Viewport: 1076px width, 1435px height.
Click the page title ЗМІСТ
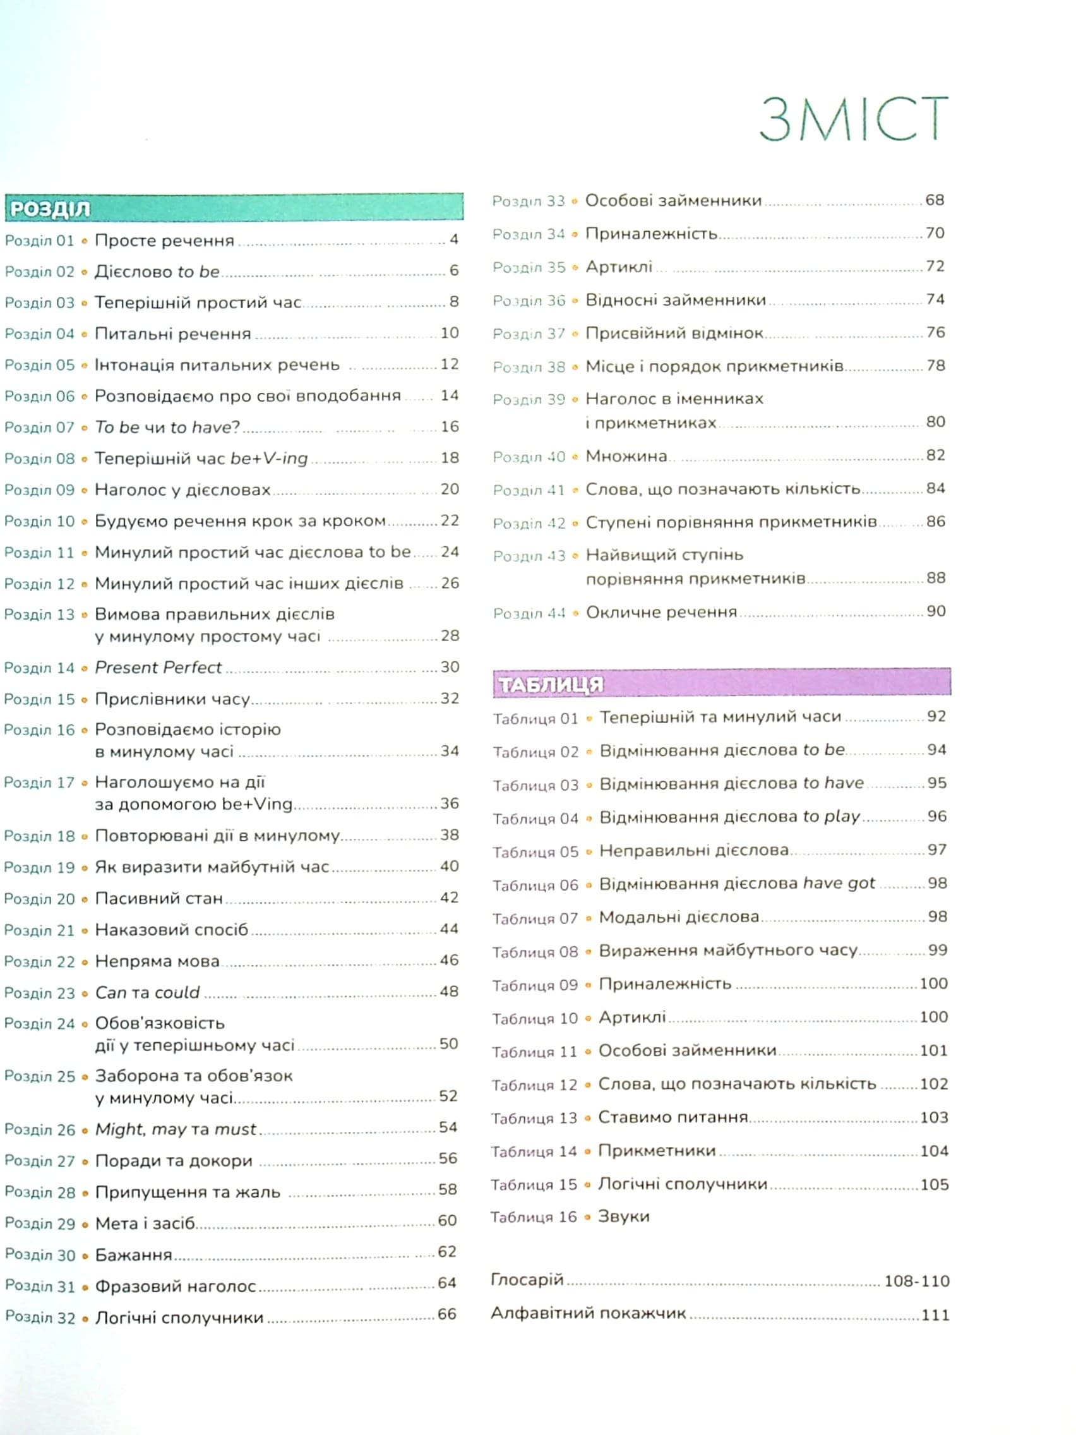[853, 119]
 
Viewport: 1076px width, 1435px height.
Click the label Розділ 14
[40, 668]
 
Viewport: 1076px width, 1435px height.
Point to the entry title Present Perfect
[158, 668]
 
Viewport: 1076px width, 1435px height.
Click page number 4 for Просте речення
[454, 240]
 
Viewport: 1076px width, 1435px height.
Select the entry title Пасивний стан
[159, 899]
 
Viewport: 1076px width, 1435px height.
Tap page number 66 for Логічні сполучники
[447, 1314]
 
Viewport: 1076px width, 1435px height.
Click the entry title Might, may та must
[176, 1129]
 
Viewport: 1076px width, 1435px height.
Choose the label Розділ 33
[529, 201]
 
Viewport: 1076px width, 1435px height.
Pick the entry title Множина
[626, 456]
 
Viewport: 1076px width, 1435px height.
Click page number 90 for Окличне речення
[936, 611]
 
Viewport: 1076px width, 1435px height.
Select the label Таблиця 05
[535, 852]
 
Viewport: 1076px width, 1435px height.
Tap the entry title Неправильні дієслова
[694, 851]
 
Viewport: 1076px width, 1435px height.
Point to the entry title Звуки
[623, 1217]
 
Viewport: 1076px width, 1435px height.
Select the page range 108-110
[916, 1282]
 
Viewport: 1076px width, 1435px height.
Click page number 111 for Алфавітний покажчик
[935, 1315]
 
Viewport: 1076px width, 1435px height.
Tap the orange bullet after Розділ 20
[85, 900]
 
